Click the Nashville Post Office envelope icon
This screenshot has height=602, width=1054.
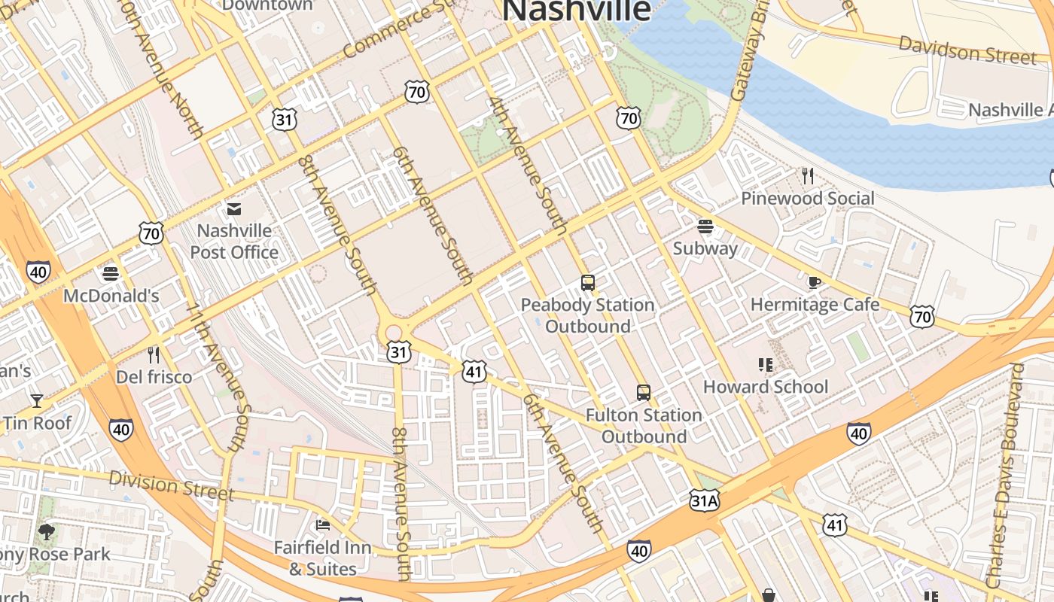click(234, 208)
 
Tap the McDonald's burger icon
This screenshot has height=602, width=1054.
click(111, 273)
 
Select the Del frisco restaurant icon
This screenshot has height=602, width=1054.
click(154, 354)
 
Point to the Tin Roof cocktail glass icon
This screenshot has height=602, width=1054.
click(36, 400)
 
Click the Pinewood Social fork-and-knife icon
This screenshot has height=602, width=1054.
click(808, 177)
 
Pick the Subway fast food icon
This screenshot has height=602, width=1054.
click(705, 226)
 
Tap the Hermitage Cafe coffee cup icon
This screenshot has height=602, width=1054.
click(814, 283)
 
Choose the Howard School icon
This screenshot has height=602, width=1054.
click(766, 366)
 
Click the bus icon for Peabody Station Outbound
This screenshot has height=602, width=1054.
click(588, 284)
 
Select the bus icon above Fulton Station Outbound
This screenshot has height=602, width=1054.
click(643, 393)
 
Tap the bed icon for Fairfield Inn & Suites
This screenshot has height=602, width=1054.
click(323, 525)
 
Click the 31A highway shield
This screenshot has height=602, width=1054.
click(704, 500)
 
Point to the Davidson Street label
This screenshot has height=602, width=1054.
click(967, 50)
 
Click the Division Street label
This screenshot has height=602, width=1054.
click(172, 485)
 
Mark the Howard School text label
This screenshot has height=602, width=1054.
click(765, 387)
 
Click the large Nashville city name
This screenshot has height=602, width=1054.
click(576, 11)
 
